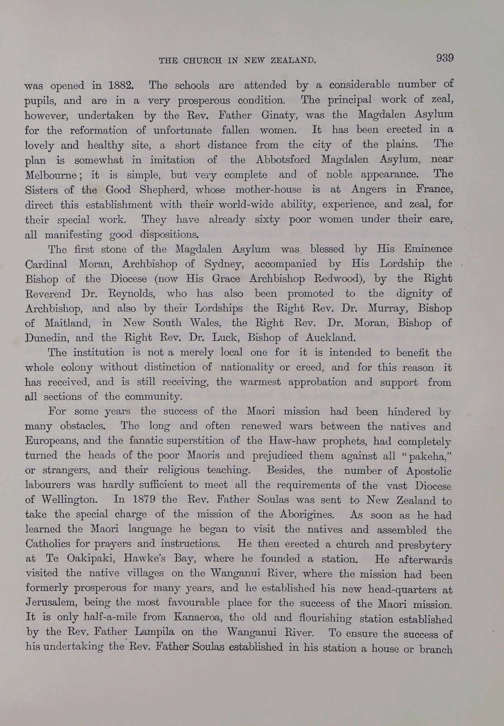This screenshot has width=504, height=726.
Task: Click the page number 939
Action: pyautogui.click(x=444, y=58)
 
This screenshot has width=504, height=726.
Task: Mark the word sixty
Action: pyautogui.click(x=267, y=220)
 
